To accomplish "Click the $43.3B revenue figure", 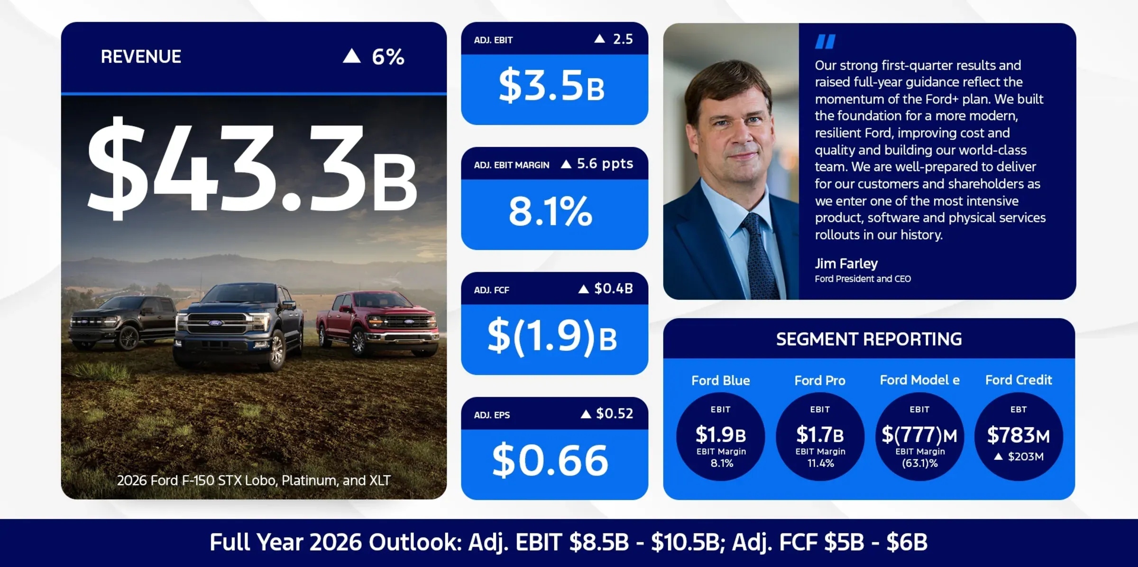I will (251, 168).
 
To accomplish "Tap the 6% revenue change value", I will (387, 57).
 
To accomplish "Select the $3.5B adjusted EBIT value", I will (551, 86).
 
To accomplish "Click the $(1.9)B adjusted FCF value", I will (552, 337).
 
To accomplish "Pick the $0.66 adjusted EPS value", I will (550, 461).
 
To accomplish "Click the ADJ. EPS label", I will (492, 415).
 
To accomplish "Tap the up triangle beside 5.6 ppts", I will (566, 164).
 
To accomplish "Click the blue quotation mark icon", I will (825, 42).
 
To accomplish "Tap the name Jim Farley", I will (846, 264).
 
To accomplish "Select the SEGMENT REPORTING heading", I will (869, 339).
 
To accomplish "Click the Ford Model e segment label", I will (919, 380).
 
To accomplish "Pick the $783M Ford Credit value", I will (1018, 435).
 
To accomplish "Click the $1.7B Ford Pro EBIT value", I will (820, 434).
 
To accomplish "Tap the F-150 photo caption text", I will (254, 481).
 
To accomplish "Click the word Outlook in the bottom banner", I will (415, 542).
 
